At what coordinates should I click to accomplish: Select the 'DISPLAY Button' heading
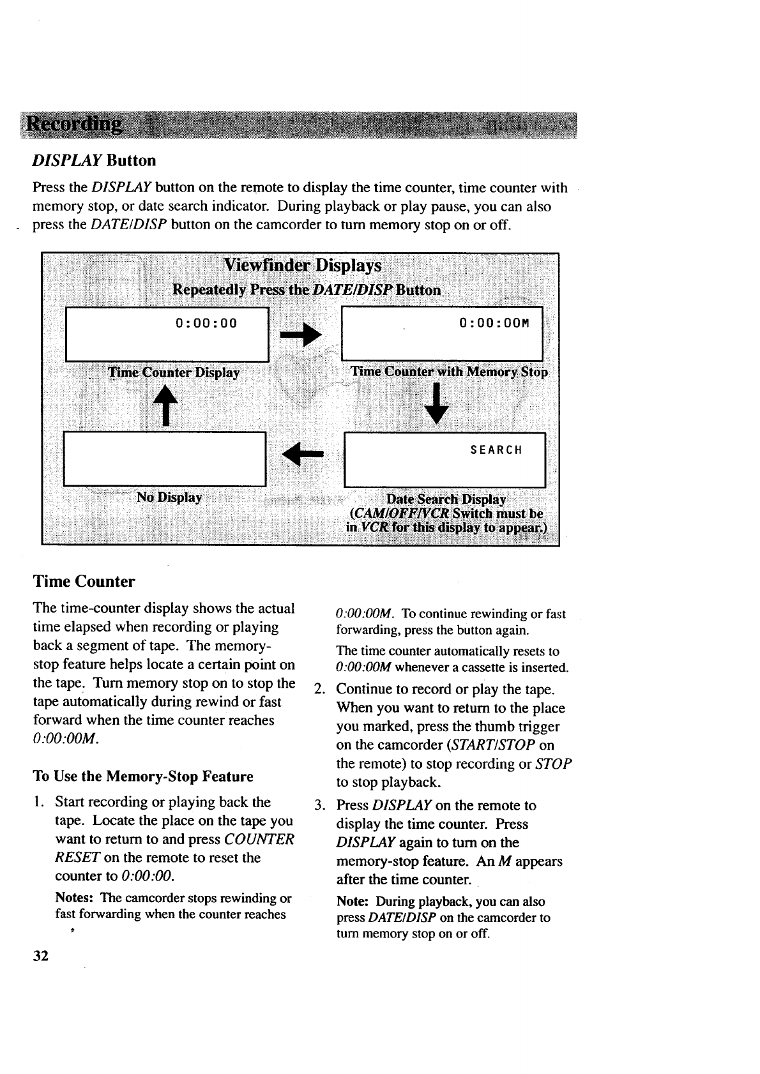(x=95, y=160)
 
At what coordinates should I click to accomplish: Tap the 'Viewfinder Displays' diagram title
(x=302, y=266)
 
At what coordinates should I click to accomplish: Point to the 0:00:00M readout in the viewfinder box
(x=494, y=323)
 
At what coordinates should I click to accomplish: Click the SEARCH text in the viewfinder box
(x=496, y=450)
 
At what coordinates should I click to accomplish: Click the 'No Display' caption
(x=169, y=497)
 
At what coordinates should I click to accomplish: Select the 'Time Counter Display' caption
(x=174, y=373)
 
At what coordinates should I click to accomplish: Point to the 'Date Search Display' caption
(x=446, y=499)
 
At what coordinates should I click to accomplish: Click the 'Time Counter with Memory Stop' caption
(x=449, y=372)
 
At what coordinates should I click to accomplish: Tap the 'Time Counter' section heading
(x=84, y=582)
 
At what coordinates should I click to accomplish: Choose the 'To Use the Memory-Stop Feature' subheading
(x=143, y=776)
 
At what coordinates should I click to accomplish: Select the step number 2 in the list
(x=321, y=690)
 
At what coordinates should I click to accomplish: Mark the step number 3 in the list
(x=321, y=806)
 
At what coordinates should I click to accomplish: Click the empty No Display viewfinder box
(x=165, y=458)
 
